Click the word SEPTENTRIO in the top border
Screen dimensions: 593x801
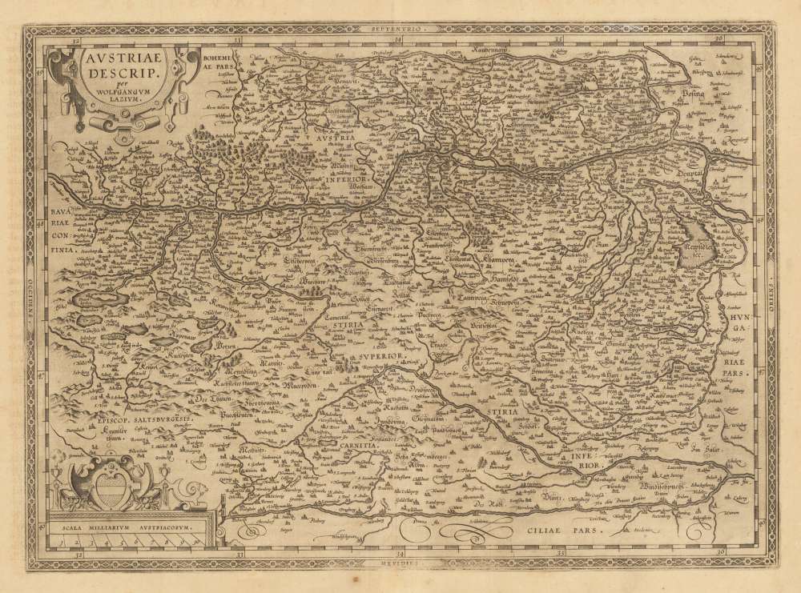click(397, 30)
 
